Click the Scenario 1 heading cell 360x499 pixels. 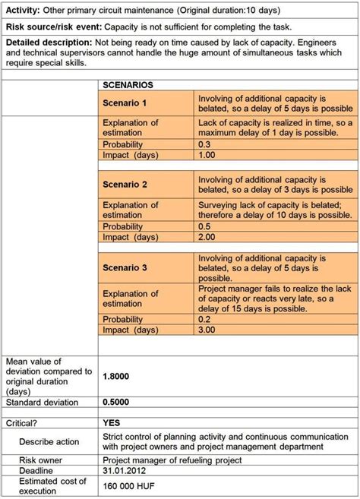(x=125, y=103)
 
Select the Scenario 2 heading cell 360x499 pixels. (x=125, y=184)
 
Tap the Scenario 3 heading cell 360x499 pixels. (x=125, y=267)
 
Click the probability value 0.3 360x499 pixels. (x=204, y=144)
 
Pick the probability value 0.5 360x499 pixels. (x=204, y=226)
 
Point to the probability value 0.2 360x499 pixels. (x=204, y=319)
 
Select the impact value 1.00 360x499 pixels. (x=208, y=154)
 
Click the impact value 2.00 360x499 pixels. (x=208, y=237)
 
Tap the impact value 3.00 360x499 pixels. (x=208, y=330)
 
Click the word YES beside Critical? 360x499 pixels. (x=112, y=422)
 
